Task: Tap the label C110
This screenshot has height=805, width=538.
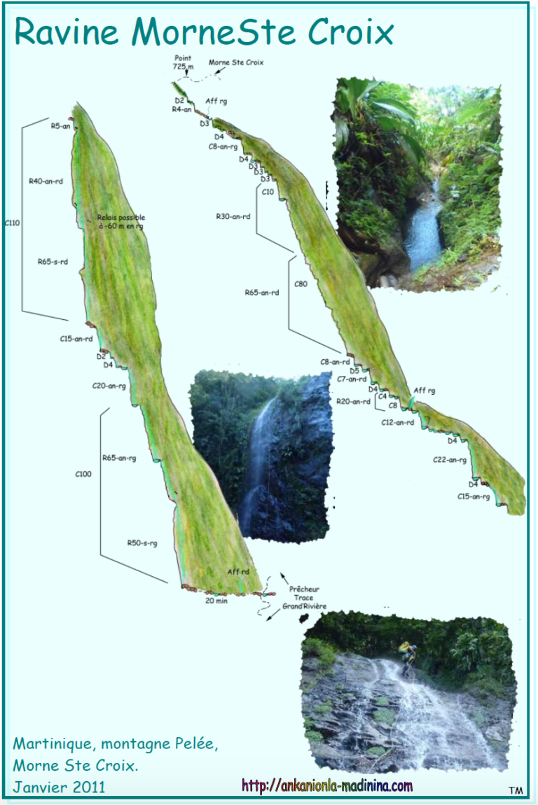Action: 12,223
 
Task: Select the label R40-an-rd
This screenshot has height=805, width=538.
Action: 46,181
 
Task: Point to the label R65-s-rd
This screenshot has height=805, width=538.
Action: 53,262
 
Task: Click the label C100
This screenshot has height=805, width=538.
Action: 83,474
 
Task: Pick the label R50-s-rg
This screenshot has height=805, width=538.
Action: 142,542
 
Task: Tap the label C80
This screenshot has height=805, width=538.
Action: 301,283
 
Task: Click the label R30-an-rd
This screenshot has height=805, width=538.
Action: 233,216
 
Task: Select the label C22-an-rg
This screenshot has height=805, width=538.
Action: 450,460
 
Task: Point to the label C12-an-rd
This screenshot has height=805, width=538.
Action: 397,422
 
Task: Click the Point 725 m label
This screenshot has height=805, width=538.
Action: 183,63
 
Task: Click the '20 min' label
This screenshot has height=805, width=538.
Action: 216,600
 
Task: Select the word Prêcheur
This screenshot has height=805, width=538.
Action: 304,589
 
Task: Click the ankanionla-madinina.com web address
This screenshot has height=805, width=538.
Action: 327,786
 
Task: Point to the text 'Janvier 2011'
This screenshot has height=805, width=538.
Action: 59,787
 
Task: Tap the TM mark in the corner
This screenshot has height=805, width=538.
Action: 516,790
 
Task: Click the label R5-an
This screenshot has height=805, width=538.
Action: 60,126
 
